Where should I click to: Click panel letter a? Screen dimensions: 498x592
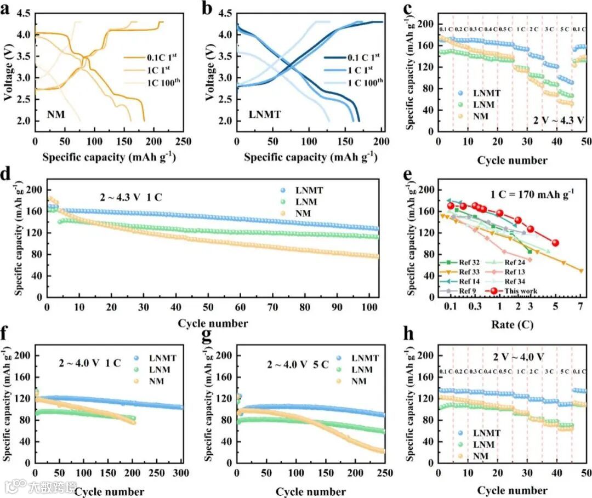click(9, 9)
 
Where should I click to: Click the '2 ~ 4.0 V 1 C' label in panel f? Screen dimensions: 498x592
click(90, 362)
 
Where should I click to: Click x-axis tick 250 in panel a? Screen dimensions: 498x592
click(184, 141)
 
